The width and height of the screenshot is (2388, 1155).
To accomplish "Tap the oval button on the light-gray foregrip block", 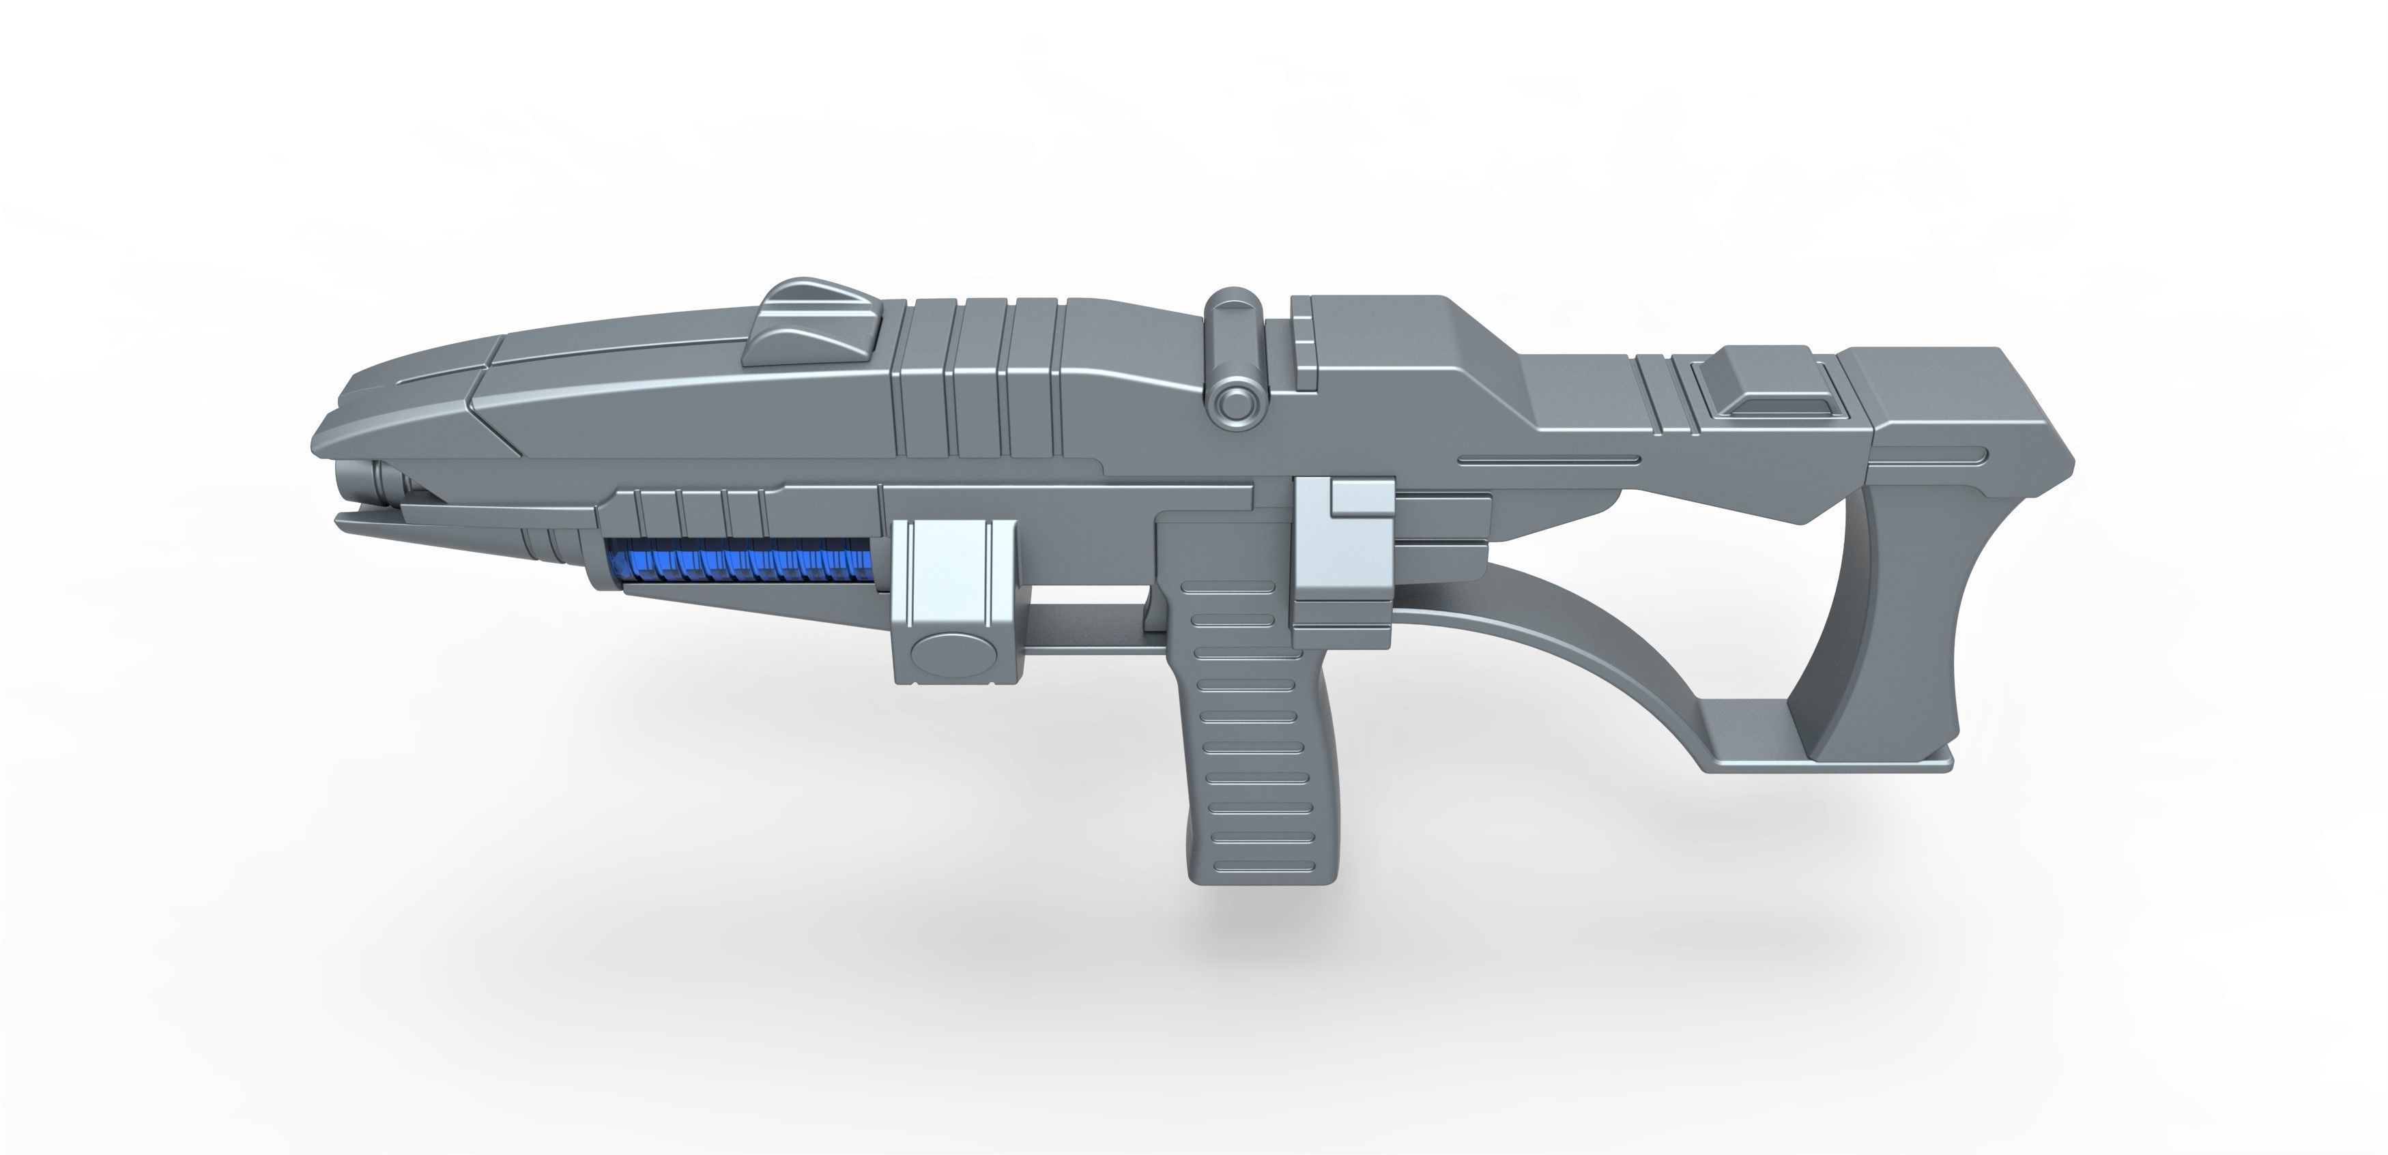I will (x=954, y=654).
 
